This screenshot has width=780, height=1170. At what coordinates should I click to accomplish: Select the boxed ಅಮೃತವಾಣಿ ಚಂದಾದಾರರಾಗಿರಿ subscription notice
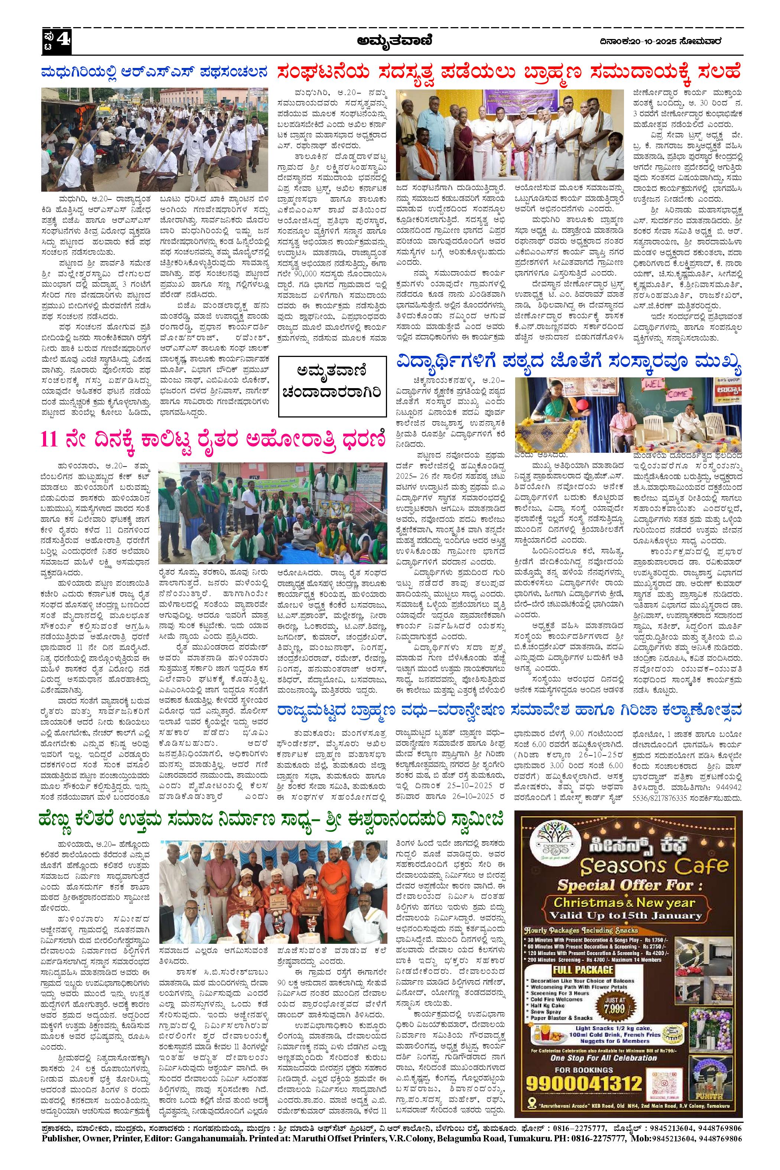pos(332,387)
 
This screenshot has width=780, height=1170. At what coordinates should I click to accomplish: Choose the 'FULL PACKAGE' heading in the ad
pos(582,969)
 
